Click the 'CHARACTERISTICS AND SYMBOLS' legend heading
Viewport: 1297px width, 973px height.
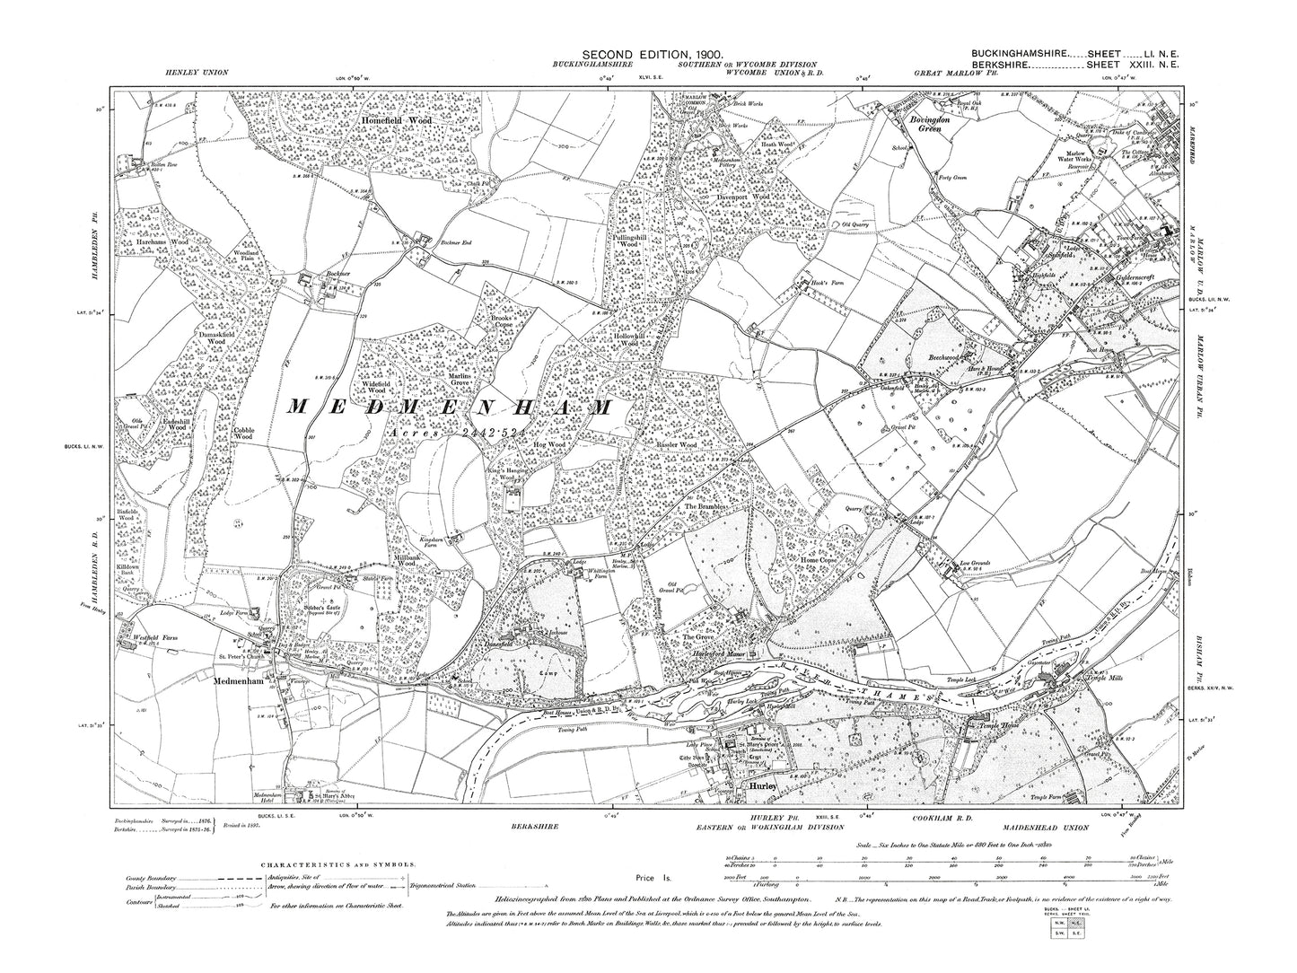[x=337, y=863]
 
